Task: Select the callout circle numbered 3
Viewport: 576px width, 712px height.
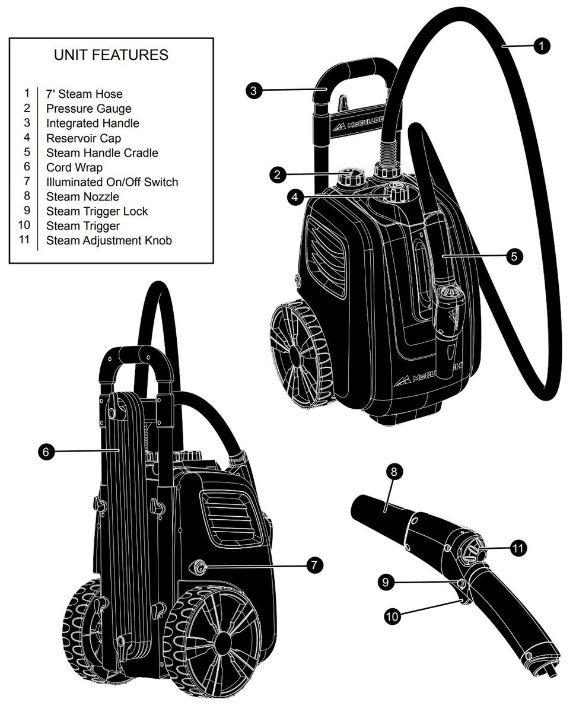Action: tap(253, 91)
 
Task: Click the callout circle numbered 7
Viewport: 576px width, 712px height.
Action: tap(314, 565)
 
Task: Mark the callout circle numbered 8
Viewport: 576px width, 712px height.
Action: tap(395, 472)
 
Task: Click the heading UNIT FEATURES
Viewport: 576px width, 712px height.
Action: tap(111, 55)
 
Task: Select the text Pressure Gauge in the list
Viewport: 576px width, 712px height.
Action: tap(89, 109)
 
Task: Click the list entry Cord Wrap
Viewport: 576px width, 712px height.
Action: tap(74, 167)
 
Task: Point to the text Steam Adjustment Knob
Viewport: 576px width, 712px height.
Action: tap(109, 241)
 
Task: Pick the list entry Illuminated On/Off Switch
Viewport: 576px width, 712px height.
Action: tap(112, 182)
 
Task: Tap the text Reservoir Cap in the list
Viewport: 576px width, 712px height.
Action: tap(84, 138)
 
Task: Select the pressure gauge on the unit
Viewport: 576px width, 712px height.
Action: tap(348, 176)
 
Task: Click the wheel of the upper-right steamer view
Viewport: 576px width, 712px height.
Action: tap(295, 349)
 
